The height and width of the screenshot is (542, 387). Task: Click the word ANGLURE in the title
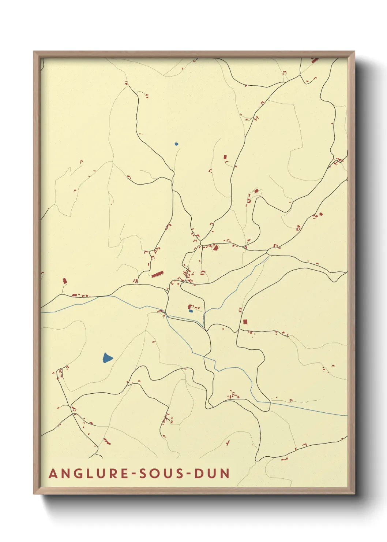pos(88,474)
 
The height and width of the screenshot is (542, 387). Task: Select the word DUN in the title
pos(212,474)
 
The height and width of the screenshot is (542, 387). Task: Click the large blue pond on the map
pos(107,358)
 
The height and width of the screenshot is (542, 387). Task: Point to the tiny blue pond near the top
pos(176,144)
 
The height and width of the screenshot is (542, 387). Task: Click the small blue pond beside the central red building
pos(191,311)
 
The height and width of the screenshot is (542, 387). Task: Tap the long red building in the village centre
pos(157,274)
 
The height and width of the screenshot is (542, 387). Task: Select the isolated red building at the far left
pos(65,281)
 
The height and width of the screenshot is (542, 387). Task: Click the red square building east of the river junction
pos(245,322)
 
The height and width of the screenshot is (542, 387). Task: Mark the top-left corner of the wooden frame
pos(34,52)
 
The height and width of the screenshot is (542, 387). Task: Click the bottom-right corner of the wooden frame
pos(354,494)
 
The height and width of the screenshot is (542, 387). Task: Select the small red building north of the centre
pos(225,157)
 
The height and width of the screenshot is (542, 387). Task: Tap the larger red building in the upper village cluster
pos(215,248)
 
